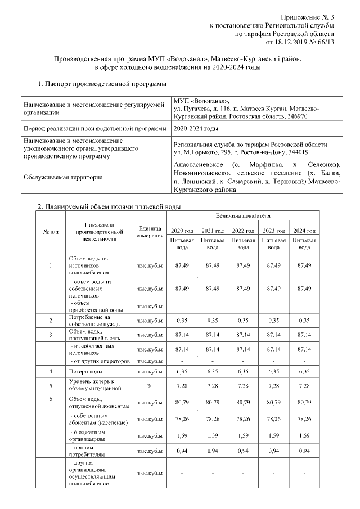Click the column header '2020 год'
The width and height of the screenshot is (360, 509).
(x=182, y=231)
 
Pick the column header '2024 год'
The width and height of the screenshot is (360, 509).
(x=304, y=231)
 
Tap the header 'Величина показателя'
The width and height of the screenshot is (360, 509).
(x=243, y=216)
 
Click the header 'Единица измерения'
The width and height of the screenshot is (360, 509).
(x=150, y=232)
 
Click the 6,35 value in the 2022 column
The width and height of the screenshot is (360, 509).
(x=243, y=372)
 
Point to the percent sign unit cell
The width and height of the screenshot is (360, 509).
(x=150, y=386)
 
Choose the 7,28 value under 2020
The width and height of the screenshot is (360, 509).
(x=182, y=386)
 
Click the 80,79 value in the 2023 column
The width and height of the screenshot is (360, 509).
(x=273, y=403)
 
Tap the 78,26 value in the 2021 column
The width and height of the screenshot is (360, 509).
(x=212, y=419)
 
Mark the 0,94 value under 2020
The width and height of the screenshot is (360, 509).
(x=182, y=451)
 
